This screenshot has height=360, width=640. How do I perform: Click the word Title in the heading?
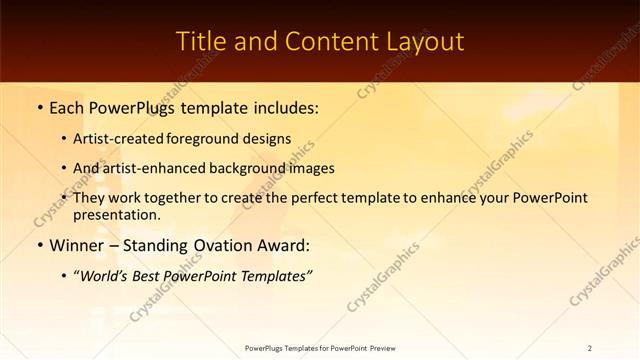point(198,41)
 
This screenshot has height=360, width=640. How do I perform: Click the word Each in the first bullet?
point(69,107)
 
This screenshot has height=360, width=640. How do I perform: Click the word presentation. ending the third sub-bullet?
point(117,214)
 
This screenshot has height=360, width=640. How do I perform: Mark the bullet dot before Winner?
point(39,246)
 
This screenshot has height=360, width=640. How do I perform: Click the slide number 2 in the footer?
point(590,348)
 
